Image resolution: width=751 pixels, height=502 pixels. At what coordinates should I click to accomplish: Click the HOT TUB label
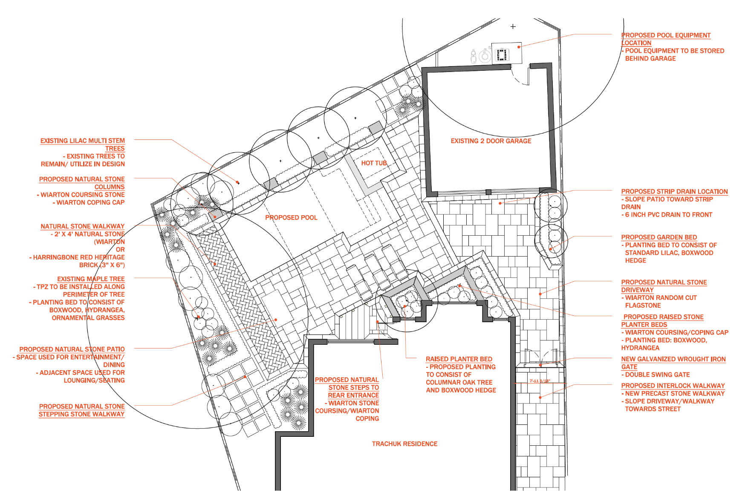pos(374,163)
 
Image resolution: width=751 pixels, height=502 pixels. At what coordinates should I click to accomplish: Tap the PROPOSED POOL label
pos(291,218)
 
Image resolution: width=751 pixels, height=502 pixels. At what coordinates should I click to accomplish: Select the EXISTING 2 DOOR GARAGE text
pos(491,141)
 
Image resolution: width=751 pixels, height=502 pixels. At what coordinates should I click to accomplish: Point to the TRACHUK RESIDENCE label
pos(404,444)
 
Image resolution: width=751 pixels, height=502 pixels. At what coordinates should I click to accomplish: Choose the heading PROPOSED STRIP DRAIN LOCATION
pos(674,192)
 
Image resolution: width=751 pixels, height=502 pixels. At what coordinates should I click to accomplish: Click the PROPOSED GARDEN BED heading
pos(659,237)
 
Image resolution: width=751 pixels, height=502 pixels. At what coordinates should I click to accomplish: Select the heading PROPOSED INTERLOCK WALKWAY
pos(673,386)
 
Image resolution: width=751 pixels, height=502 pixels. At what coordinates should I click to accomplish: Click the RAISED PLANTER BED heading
pos(459,359)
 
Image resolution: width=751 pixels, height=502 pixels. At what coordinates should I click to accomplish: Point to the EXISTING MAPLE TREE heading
pos(91,279)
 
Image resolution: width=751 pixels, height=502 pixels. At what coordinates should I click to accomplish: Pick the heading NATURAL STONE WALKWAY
pos(82,226)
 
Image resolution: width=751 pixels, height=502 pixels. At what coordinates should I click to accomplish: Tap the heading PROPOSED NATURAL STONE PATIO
pos(72,349)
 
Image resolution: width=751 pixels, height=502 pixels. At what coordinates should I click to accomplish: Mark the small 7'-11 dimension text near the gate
pos(540,381)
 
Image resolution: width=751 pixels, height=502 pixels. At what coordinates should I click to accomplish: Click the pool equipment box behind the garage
pos(506,53)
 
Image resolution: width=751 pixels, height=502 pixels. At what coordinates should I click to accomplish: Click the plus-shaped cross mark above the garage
pos(513,26)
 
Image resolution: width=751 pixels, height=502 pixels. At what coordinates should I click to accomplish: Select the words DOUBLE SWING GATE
pos(657,375)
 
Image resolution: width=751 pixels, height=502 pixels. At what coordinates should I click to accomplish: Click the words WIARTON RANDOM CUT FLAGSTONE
pos(660,302)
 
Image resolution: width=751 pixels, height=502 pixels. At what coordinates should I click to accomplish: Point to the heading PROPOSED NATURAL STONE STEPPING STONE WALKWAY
pos(81,410)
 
